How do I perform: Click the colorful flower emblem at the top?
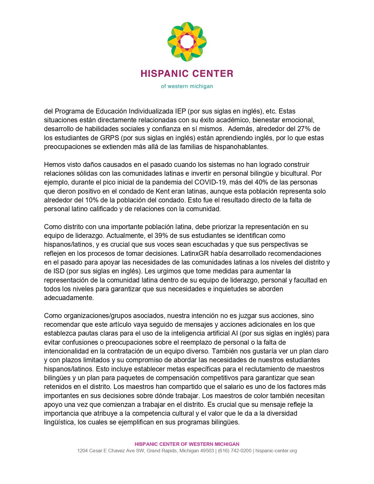pyautogui.click(x=187, y=42)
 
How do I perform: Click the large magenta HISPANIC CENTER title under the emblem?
pyautogui.click(x=187, y=73)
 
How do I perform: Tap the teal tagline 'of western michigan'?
pyautogui.click(x=187, y=86)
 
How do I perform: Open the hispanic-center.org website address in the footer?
pyautogui.click(x=276, y=451)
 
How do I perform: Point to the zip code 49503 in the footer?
pyautogui.click(x=206, y=451)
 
